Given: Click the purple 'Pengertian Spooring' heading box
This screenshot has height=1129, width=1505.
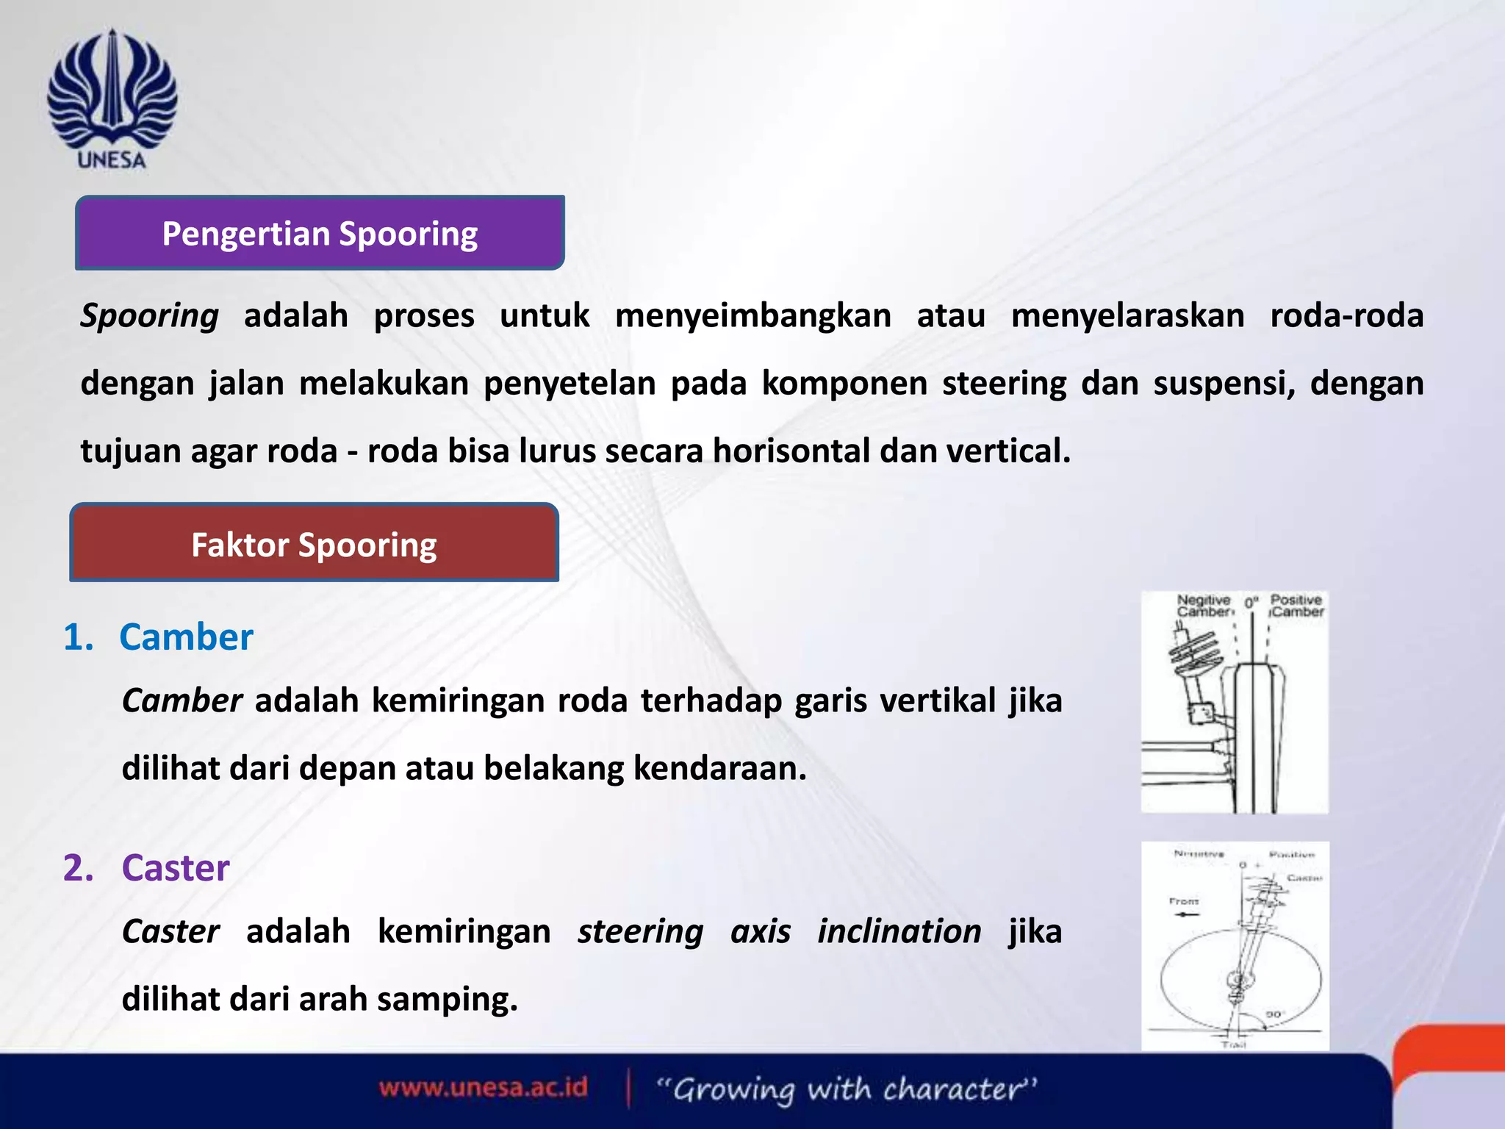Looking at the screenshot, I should [x=320, y=233].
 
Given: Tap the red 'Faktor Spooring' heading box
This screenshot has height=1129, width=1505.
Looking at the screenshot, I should [x=314, y=544].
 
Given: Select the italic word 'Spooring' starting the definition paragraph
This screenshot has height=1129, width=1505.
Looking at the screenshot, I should [x=149, y=316].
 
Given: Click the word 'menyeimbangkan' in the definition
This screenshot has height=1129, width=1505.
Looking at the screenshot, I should [x=752, y=316].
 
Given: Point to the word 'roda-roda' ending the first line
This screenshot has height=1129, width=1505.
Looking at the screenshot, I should [x=1346, y=316].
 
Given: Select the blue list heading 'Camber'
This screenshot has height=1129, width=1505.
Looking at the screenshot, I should [x=186, y=637].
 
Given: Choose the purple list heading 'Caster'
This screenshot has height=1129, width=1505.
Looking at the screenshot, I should [x=176, y=868].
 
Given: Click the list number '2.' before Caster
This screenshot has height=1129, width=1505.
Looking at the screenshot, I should [x=79, y=868].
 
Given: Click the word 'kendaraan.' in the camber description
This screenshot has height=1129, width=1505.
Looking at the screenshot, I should [x=720, y=768].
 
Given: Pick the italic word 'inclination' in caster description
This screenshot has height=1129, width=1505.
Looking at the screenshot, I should [x=899, y=932].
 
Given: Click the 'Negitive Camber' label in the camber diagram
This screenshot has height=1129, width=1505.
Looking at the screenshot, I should [x=1203, y=606].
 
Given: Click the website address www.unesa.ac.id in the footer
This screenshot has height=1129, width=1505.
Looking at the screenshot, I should [x=484, y=1087].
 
